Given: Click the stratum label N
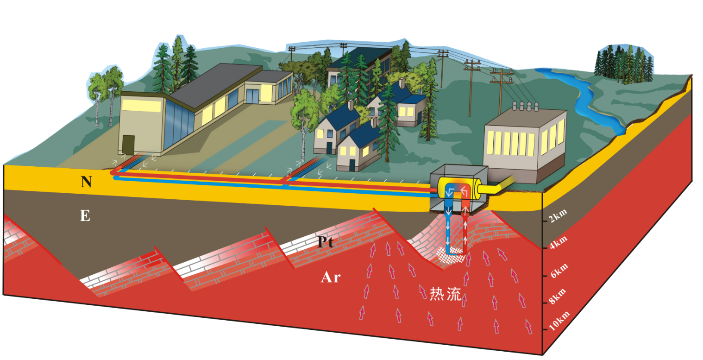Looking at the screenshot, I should tap(86, 182).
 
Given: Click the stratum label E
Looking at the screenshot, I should tap(85, 216).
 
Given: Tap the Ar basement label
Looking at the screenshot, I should tap(331, 278).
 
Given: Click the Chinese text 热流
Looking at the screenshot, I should tap(446, 294).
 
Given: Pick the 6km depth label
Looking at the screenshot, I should tap(557, 271).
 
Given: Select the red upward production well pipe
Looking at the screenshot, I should tap(465, 227).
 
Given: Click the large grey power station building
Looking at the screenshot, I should tap(523, 139).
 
